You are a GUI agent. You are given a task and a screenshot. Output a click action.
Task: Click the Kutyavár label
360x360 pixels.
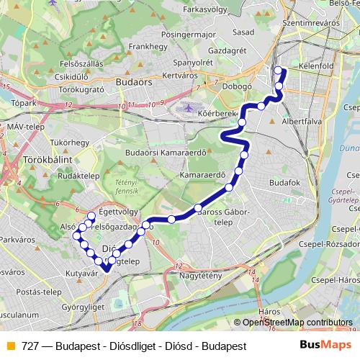tap(81, 274)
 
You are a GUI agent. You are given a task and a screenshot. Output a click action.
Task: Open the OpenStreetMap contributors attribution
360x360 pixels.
tap(297, 323)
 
